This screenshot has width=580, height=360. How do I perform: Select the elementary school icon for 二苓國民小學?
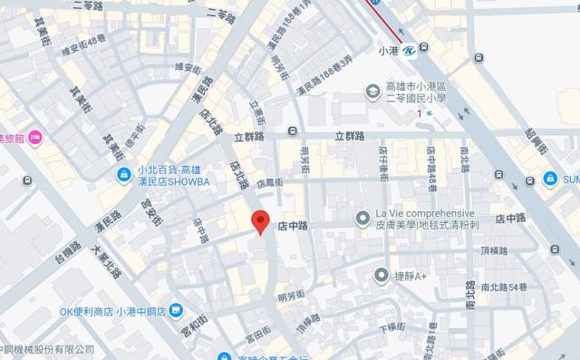point(372,91)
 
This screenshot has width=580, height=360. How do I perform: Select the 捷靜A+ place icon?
point(382,275)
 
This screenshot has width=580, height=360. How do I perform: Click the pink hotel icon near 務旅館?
point(34,138)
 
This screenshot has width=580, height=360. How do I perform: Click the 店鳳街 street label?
point(270,181)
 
